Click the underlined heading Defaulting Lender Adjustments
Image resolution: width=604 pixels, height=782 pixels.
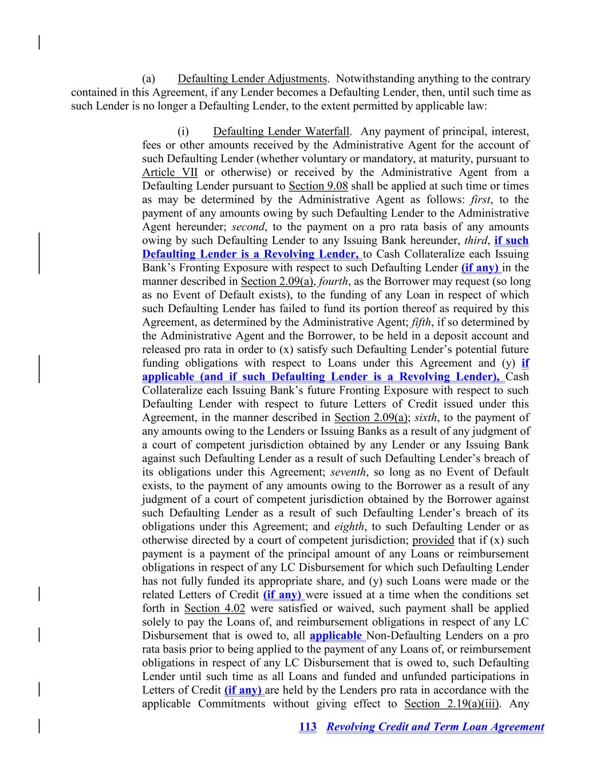coord(252,79)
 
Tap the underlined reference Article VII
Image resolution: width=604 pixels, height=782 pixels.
coord(169,172)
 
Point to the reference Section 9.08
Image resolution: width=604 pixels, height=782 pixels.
coord(318,186)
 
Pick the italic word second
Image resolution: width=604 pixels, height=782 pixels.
coord(248,227)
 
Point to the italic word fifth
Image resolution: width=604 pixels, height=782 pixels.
coord(421,323)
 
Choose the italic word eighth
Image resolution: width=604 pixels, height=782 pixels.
coord(350,527)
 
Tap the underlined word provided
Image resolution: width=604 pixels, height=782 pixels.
coord(433,540)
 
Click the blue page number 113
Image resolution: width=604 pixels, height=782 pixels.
coord(307,727)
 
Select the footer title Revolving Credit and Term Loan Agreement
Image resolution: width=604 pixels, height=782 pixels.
coord(435,727)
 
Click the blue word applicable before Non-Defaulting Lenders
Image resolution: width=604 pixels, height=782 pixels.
coord(336,636)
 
